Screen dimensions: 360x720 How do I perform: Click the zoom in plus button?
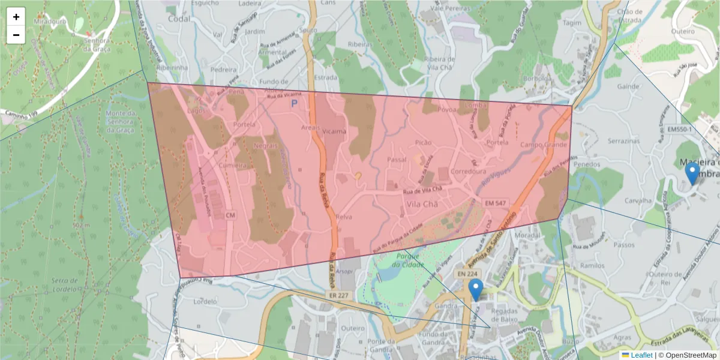pyautogui.click(x=16, y=17)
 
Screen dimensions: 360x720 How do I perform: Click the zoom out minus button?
pyautogui.click(x=16, y=35)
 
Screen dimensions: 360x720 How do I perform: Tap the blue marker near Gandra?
pyautogui.click(x=476, y=290)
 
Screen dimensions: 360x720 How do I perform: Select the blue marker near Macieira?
pyautogui.click(x=692, y=174)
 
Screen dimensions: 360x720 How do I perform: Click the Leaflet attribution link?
pyautogui.click(x=641, y=355)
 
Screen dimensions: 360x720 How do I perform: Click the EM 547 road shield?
pyautogui.click(x=496, y=203)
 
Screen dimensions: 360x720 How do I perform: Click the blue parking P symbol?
pyautogui.click(x=294, y=103)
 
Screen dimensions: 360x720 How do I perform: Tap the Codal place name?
pyautogui.click(x=179, y=19)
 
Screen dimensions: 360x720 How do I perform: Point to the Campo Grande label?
pyautogui.click(x=544, y=145)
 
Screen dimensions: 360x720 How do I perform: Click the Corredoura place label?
pyautogui.click(x=469, y=171)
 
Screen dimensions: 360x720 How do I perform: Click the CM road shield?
pyautogui.click(x=230, y=214)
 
